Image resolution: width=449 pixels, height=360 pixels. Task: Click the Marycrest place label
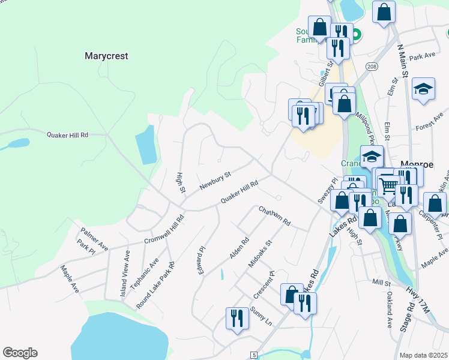pos(106,56)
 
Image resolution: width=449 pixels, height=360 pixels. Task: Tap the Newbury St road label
pos(215,181)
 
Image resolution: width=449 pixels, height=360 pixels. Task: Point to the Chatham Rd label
pos(274,216)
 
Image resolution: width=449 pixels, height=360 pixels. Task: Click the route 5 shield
pos(255,355)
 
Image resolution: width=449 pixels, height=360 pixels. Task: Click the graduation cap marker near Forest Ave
pos(423,89)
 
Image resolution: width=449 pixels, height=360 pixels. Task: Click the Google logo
pos(20,353)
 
